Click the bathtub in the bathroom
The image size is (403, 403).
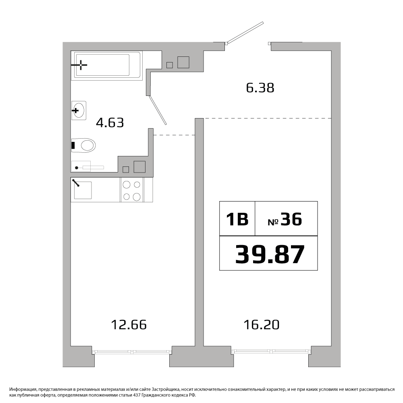(x=107, y=65)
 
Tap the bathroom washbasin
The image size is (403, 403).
(x=79, y=110)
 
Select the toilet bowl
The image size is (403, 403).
(x=83, y=145)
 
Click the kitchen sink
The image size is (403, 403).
(x=83, y=190)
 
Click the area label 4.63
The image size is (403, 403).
(x=110, y=123)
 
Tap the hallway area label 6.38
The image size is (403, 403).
(x=260, y=87)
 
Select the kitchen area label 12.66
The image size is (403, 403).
(x=129, y=324)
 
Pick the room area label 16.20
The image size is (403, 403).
(x=262, y=324)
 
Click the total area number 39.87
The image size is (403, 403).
(x=270, y=254)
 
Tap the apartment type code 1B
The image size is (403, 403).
(x=237, y=219)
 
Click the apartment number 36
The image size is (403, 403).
(x=291, y=219)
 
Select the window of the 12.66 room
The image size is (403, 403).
(x=132, y=352)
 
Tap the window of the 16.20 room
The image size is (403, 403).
(x=271, y=351)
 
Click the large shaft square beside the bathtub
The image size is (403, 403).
(x=183, y=62)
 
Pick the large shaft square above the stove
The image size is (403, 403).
(x=139, y=167)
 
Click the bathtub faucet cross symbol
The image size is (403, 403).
(x=81, y=65)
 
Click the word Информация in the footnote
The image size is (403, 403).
(x=21, y=389)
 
